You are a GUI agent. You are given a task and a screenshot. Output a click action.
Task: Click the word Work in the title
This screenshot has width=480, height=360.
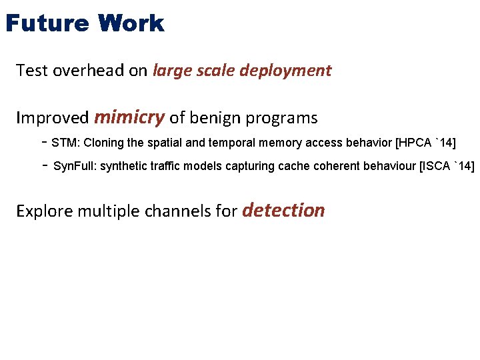click(130, 24)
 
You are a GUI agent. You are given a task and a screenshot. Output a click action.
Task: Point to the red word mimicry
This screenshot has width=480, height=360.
click(129, 118)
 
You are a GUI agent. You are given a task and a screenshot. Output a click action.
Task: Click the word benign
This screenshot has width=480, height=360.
click(215, 119)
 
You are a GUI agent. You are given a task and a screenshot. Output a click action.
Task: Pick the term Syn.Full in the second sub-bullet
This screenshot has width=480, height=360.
click(75, 166)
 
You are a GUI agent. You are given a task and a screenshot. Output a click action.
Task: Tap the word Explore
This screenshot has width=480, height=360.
click(43, 212)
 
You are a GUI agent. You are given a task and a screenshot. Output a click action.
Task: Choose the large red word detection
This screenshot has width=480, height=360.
click(283, 211)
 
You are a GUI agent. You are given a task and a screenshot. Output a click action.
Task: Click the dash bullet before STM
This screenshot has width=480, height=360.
click(43, 142)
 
